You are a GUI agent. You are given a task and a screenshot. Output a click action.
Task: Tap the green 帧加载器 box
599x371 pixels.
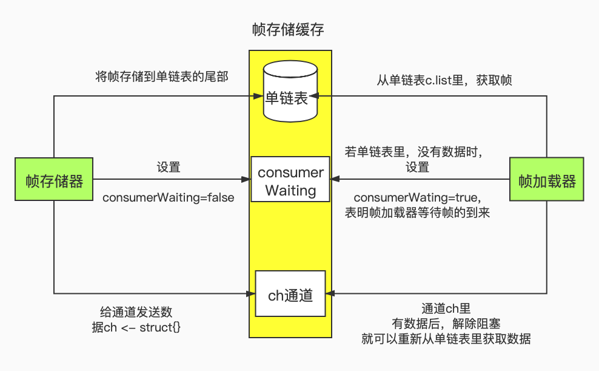[x=547, y=180]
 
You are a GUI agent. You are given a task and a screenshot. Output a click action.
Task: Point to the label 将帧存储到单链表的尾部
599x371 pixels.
[x=162, y=77]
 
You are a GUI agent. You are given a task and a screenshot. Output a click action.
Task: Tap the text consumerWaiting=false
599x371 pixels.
[x=168, y=198]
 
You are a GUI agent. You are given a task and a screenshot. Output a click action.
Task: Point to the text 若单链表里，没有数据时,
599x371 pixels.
[x=417, y=152]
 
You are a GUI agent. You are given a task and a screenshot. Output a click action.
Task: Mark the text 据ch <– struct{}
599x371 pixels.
[x=135, y=327]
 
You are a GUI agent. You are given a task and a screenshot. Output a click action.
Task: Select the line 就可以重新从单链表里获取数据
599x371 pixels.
[x=446, y=339]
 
